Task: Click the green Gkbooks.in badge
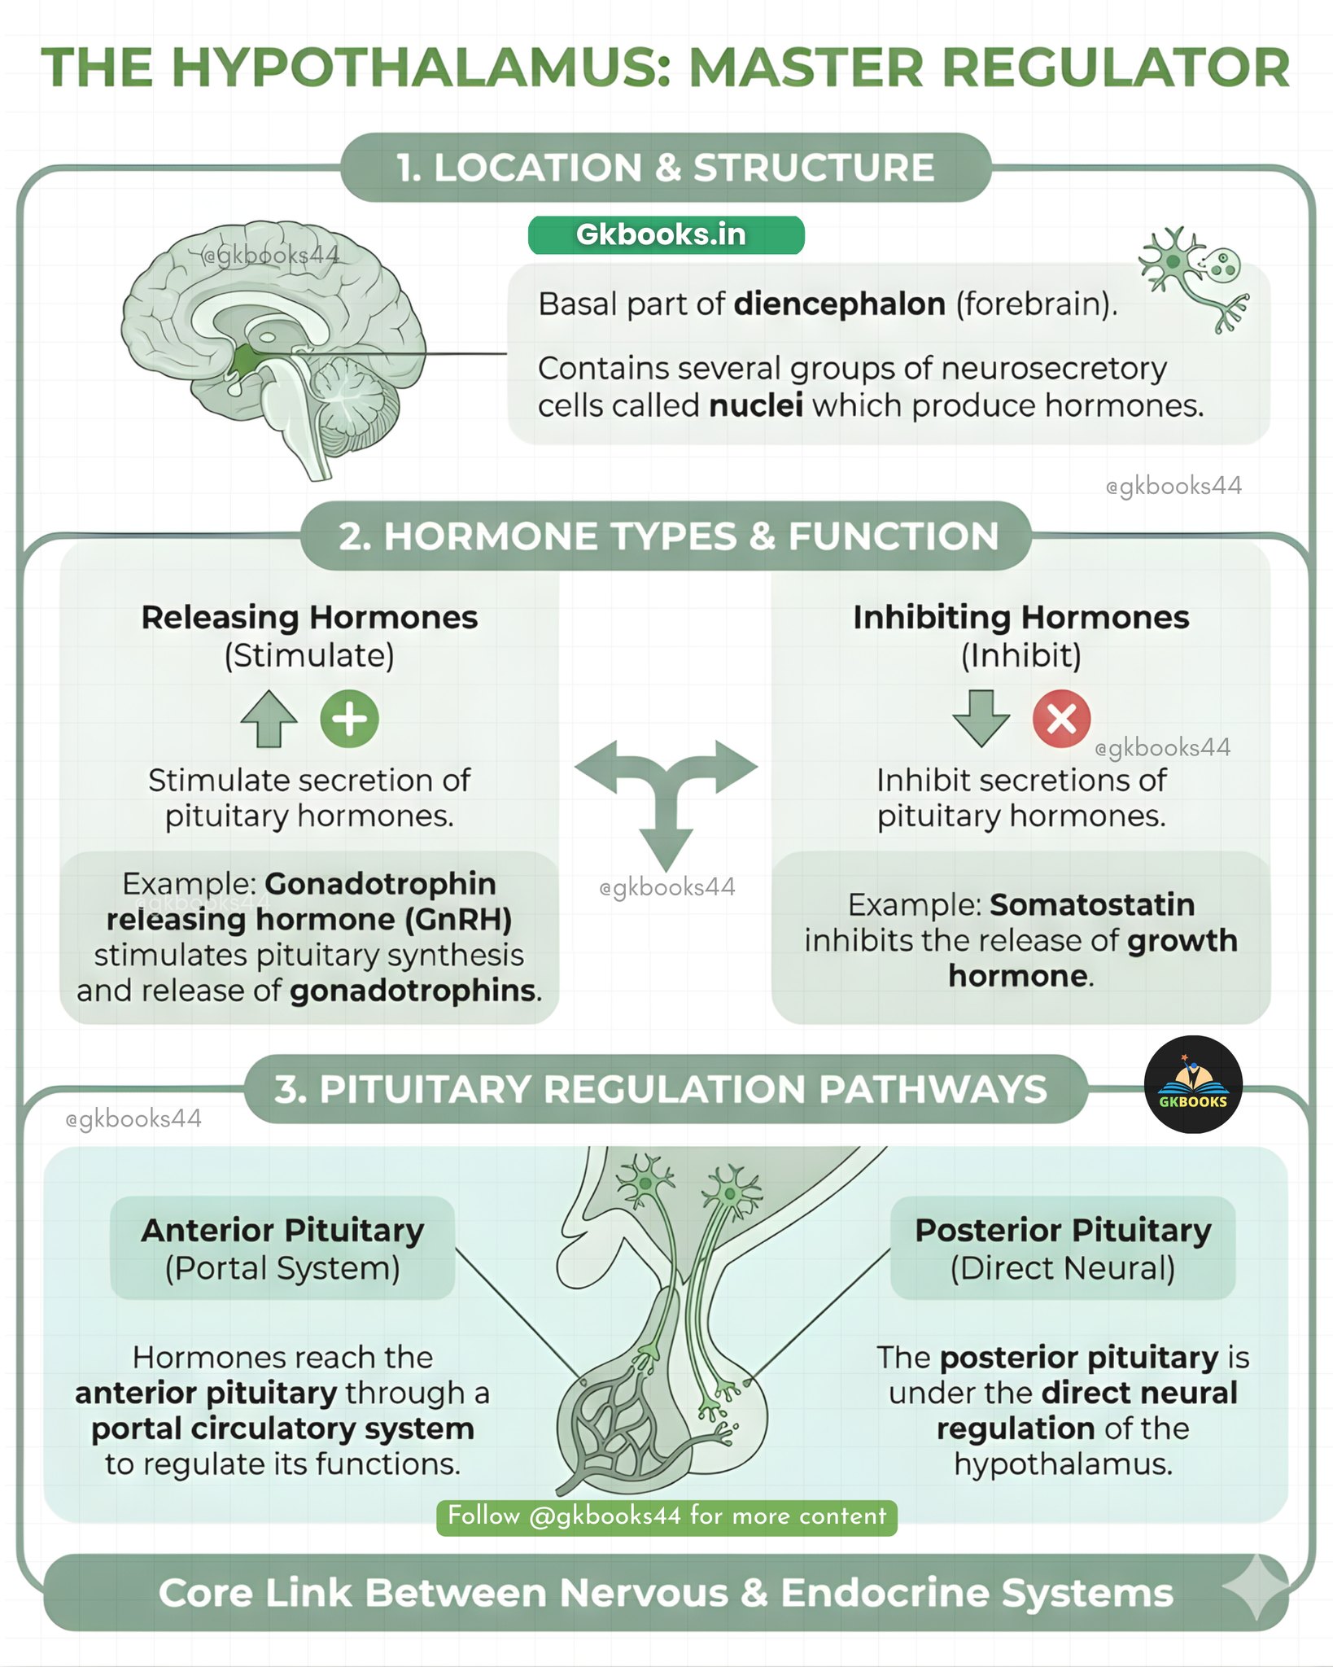tap(666, 235)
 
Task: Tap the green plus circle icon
tap(349, 720)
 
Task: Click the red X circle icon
tap(1061, 720)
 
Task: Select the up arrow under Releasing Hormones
tap(269, 720)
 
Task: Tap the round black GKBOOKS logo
tap(1193, 1084)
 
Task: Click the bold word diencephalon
tap(840, 304)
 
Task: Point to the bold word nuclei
tap(756, 405)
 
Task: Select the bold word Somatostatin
tap(1092, 904)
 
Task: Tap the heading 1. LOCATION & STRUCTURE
tap(666, 168)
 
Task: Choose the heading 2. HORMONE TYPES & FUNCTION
tap(667, 536)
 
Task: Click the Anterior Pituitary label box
tap(282, 1248)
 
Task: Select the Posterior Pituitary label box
tap(1063, 1248)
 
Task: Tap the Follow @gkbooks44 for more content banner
tap(666, 1516)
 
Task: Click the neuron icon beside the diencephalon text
tap(1193, 279)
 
